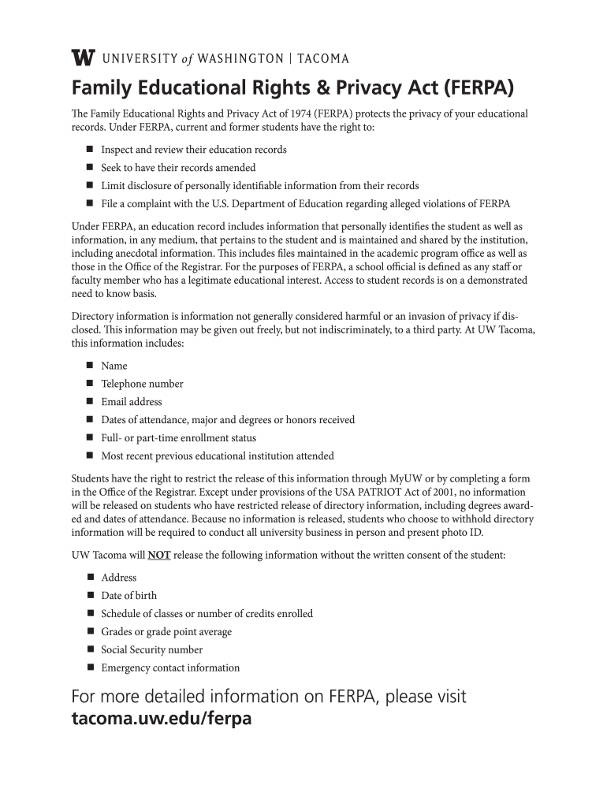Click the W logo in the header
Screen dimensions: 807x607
(83, 58)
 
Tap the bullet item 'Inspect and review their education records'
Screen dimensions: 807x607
(193, 149)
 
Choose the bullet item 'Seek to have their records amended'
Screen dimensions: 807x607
(178, 167)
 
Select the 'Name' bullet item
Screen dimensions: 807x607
(114, 366)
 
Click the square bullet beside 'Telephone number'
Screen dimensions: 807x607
(88, 384)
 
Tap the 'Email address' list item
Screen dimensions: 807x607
(131, 402)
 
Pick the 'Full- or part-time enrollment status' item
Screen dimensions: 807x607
(178, 437)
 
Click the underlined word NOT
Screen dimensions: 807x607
(159, 555)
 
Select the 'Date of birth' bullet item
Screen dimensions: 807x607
(128, 596)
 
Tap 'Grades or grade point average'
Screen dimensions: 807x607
(166, 631)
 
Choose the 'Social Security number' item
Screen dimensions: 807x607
(151, 649)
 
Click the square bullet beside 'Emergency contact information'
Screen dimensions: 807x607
(88, 668)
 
